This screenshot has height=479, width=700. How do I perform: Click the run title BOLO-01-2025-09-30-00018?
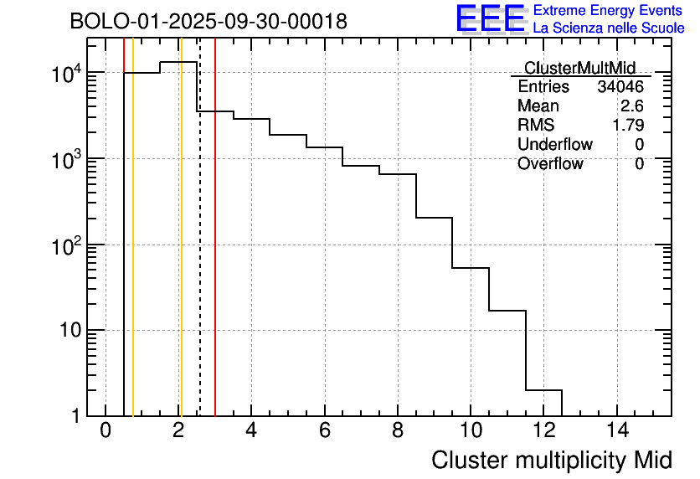pyautogui.click(x=208, y=22)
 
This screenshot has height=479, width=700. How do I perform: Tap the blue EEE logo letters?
pyautogui.click(x=490, y=18)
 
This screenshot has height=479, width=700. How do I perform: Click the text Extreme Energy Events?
pyautogui.click(x=608, y=11)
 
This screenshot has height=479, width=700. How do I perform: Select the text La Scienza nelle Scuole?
pyautogui.click(x=609, y=28)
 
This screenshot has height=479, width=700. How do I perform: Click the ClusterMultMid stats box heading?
pyautogui.click(x=579, y=68)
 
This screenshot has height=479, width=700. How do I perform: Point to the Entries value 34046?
pyautogui.click(x=620, y=87)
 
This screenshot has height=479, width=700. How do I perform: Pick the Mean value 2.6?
pyautogui.click(x=632, y=106)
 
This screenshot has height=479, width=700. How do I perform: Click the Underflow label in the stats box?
pyautogui.click(x=554, y=145)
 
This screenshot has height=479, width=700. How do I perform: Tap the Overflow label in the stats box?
pyautogui.click(x=550, y=164)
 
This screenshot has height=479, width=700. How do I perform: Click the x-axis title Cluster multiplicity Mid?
pyautogui.click(x=551, y=460)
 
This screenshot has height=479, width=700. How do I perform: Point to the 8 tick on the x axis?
pyautogui.click(x=398, y=430)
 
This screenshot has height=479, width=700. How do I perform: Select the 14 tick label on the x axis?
pyautogui.click(x=617, y=430)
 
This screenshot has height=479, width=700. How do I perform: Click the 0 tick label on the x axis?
pyautogui.click(x=106, y=430)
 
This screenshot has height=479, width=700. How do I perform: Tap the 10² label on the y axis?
pyautogui.click(x=69, y=245)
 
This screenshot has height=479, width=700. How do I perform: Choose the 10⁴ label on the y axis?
pyautogui.click(x=69, y=74)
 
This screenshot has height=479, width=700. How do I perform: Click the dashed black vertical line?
pyautogui.click(x=200, y=251)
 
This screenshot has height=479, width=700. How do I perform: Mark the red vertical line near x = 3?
pyautogui.click(x=215, y=251)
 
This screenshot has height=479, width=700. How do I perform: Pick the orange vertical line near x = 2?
pyautogui.click(x=181, y=251)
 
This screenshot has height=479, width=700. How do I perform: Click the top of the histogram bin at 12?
pyautogui.click(x=543, y=390)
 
